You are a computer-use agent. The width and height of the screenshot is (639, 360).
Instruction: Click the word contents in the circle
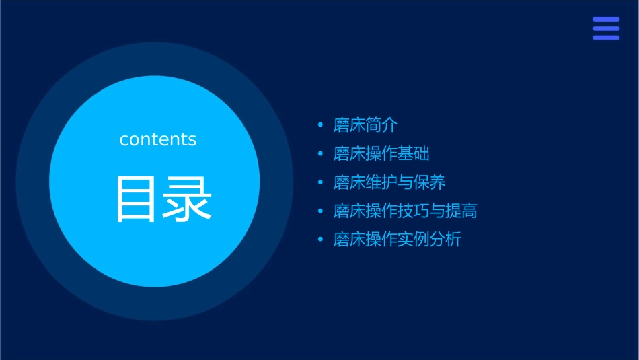tap(158, 139)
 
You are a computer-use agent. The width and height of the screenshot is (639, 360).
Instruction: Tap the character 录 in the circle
tap(187, 199)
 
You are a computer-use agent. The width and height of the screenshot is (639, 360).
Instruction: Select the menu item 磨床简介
tap(366, 125)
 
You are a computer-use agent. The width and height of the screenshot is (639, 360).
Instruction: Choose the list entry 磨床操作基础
tap(381, 154)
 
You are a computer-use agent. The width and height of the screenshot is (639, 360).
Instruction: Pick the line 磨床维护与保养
tap(389, 182)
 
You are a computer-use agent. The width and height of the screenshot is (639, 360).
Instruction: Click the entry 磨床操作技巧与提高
tap(406, 211)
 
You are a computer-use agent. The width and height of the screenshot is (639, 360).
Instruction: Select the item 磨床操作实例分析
tap(398, 240)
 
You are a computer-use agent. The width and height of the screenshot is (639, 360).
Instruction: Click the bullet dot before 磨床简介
tap(320, 125)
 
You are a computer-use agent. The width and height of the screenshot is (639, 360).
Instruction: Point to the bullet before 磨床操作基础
tap(320, 154)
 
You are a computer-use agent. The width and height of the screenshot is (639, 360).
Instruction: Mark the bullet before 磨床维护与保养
tap(320, 182)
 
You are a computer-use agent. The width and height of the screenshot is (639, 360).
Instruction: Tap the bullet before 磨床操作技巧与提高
tap(320, 211)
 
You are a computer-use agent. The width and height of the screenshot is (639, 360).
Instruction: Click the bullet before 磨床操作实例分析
tap(320, 240)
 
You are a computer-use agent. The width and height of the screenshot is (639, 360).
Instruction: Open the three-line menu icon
tap(606, 28)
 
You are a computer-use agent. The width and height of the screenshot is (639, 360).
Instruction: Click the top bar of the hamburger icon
tap(606, 20)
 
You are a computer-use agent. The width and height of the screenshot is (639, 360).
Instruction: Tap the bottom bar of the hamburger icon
tap(606, 38)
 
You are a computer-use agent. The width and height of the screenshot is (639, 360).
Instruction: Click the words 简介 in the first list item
tap(382, 125)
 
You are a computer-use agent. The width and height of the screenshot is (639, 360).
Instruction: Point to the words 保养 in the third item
tap(430, 182)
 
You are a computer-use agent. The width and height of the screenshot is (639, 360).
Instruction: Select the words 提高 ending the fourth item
tap(461, 211)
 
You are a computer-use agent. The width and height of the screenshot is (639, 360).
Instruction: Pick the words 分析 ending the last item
tap(445, 240)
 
